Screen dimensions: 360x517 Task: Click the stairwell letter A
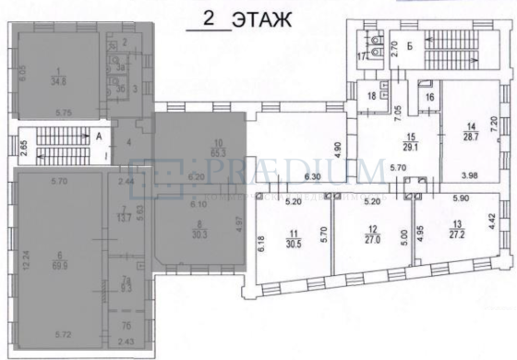[99, 133]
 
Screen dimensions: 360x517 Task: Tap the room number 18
[372, 96]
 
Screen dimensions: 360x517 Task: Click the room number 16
[429, 96]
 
